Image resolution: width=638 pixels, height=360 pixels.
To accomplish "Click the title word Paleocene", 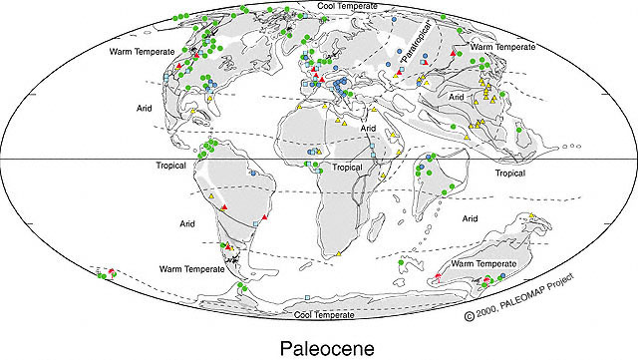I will tap(319, 348).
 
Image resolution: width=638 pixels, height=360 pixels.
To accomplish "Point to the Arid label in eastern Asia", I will tap(458, 98).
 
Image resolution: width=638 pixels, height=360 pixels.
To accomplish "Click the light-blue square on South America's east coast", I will tap(256, 227).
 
